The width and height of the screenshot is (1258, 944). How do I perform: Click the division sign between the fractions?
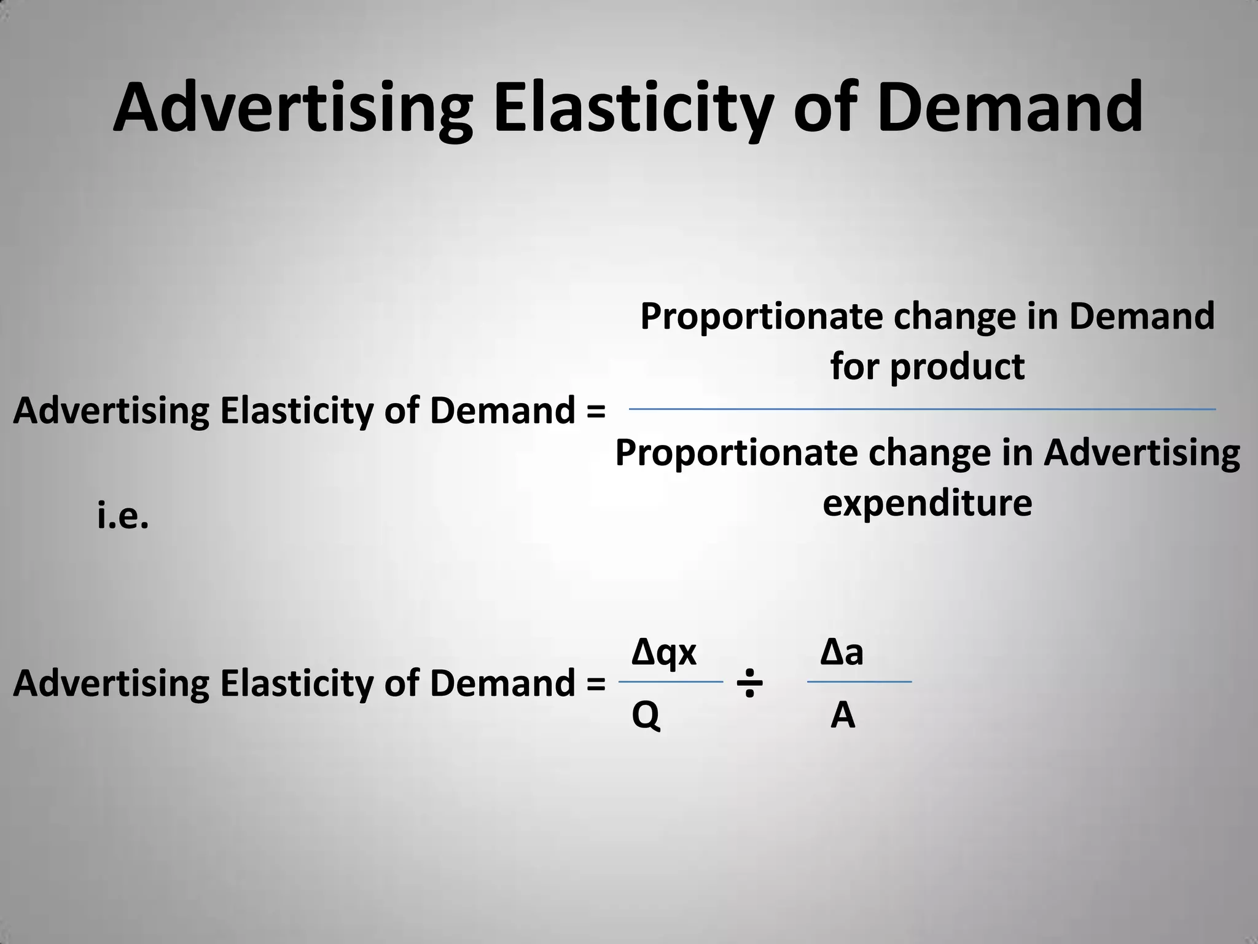click(x=749, y=683)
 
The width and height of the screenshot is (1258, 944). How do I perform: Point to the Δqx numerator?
click(x=664, y=652)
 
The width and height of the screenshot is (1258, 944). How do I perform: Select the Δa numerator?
click(x=842, y=652)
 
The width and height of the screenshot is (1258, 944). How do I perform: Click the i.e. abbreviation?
click(x=123, y=516)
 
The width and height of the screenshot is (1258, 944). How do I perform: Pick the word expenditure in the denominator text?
click(x=927, y=503)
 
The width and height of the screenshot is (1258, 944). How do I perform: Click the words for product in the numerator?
click(x=928, y=366)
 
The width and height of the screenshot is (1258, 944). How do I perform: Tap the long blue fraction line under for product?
click(x=921, y=409)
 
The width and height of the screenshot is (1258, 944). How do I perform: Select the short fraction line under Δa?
click(x=859, y=682)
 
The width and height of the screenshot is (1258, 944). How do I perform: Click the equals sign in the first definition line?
click(x=596, y=411)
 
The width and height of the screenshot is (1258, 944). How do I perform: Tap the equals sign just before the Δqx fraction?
click(x=596, y=683)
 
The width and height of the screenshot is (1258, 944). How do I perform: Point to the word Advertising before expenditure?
click(x=1141, y=453)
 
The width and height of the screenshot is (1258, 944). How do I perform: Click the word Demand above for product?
click(x=1141, y=316)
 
